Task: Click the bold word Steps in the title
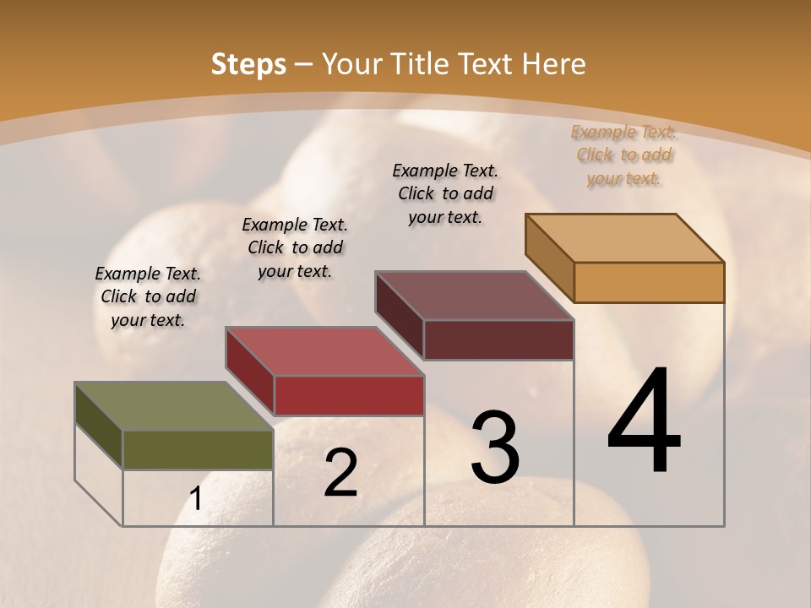pos(248,64)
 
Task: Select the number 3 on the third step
pos(495,447)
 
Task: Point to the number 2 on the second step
pos(340,473)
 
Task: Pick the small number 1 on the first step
pos(196,499)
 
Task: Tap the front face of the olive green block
pos(198,450)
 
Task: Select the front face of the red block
pos(349,395)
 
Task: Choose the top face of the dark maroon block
pos(474,296)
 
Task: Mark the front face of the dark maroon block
pos(498,339)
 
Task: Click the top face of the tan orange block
pos(624,237)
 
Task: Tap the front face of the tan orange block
pos(649,282)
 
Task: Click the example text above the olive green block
pos(148,296)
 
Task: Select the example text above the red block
pos(295,247)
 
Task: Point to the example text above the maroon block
pos(445,193)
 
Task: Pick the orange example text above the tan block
pos(623,155)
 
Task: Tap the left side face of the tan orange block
pos(549,258)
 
